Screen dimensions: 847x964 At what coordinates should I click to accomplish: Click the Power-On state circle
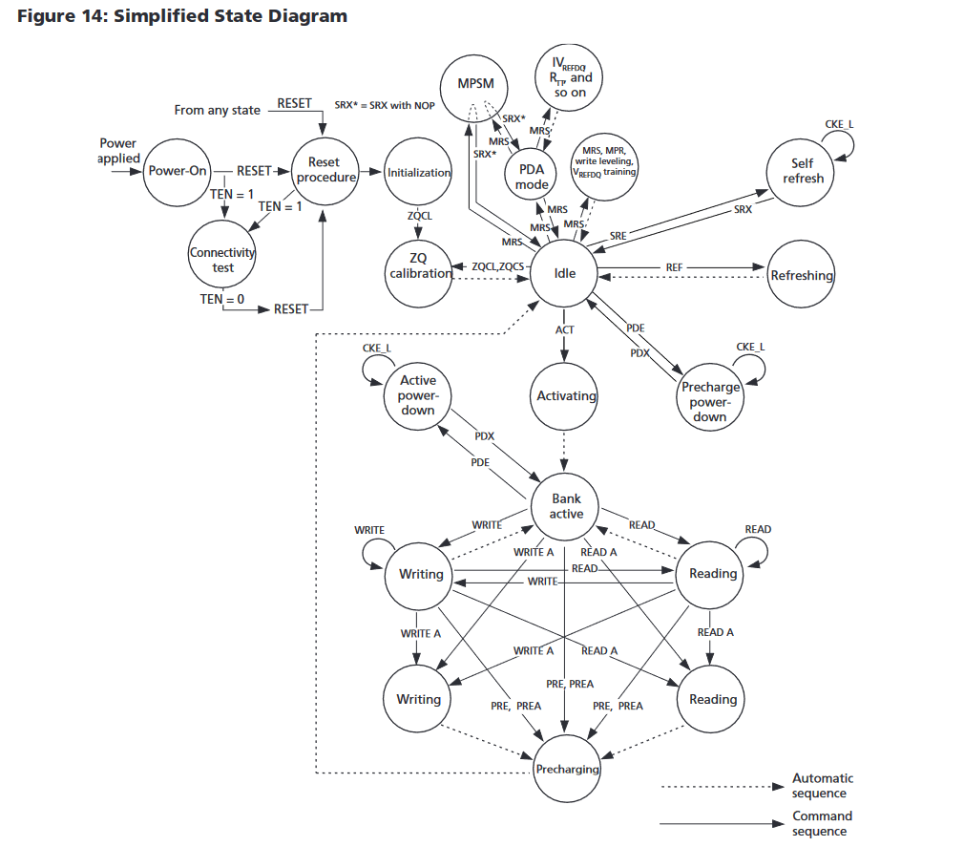click(177, 171)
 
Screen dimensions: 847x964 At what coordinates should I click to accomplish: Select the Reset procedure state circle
click(325, 170)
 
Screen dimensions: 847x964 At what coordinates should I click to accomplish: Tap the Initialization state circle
click(419, 173)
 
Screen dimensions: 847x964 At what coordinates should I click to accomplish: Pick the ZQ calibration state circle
click(419, 266)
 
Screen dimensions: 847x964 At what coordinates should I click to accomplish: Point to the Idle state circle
click(565, 273)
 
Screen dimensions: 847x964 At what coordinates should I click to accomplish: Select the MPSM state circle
click(475, 83)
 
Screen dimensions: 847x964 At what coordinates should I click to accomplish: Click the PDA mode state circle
click(531, 176)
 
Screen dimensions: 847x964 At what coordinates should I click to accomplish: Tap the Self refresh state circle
click(803, 171)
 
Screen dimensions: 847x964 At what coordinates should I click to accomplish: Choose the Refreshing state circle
click(802, 276)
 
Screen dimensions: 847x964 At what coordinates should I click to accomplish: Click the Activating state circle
click(566, 395)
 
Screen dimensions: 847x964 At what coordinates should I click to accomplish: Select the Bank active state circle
click(566, 506)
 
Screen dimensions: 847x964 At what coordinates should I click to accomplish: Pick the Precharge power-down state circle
click(709, 402)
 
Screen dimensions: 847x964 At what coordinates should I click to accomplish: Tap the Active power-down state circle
click(418, 394)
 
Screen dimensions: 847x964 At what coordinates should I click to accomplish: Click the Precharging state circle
click(567, 769)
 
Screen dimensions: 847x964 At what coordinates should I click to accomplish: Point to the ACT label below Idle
click(565, 330)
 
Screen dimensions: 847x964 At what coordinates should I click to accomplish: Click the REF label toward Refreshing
click(674, 267)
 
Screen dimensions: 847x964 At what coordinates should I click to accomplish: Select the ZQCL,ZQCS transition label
click(497, 267)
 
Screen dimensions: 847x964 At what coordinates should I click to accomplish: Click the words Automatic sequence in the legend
click(822, 785)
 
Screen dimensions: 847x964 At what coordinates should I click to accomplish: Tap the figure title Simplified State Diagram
click(230, 16)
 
